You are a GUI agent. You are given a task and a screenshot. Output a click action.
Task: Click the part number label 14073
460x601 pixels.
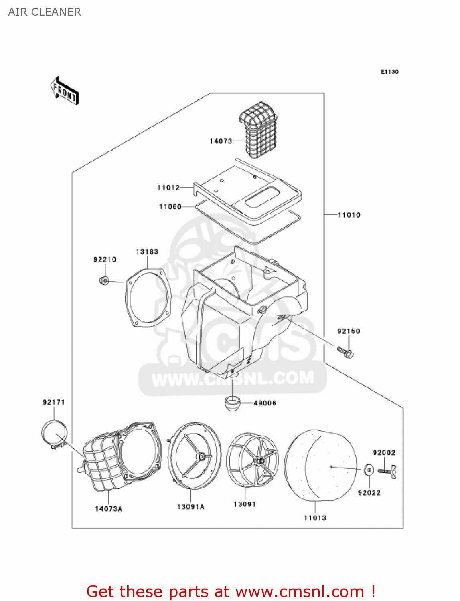point(221,141)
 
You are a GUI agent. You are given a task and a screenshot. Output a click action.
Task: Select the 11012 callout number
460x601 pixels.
point(168,188)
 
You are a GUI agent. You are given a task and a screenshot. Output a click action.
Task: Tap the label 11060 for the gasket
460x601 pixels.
point(170,207)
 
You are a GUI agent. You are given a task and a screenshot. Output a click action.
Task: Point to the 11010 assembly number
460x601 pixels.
point(349,215)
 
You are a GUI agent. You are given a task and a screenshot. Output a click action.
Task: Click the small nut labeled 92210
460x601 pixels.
point(103,280)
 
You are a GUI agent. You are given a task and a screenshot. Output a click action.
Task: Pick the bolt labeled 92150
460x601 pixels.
point(346,353)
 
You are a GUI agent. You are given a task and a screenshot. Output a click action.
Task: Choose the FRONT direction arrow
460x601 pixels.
point(65,91)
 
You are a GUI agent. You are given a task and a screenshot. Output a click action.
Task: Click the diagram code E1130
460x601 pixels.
point(389,72)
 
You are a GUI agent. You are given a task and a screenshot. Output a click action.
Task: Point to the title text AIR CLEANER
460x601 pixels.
point(45,12)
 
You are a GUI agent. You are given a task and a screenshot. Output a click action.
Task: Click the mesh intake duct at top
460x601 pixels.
point(259,128)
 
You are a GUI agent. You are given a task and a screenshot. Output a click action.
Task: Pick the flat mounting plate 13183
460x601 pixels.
point(148,297)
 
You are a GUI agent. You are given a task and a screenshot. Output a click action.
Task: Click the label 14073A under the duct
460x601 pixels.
point(108,509)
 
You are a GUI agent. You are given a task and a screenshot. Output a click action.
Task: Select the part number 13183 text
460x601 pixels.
point(147,252)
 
